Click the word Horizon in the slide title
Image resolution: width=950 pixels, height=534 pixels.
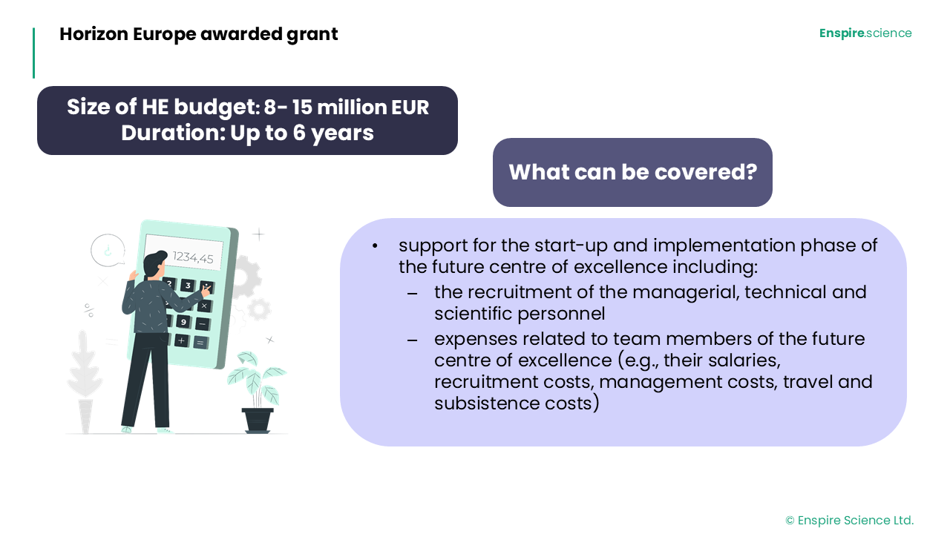click(94, 34)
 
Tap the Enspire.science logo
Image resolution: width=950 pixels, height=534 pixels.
click(865, 33)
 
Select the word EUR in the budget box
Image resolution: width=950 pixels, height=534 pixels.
click(410, 107)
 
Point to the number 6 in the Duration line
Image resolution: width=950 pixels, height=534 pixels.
click(299, 133)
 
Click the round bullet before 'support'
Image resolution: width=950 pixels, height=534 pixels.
click(375, 246)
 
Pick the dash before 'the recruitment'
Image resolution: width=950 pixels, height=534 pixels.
click(412, 293)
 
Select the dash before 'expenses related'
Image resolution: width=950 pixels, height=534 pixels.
click(412, 340)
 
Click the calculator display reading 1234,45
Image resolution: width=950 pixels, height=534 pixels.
click(184, 252)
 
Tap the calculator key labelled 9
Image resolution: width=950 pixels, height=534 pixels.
click(183, 322)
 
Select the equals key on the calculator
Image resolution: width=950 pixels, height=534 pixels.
click(200, 343)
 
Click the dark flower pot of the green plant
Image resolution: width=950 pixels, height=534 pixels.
click(258, 420)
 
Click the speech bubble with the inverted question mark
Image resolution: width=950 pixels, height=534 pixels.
click(108, 250)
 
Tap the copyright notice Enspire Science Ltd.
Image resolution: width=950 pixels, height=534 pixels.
click(849, 520)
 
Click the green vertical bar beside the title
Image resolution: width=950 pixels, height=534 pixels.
click(34, 53)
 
